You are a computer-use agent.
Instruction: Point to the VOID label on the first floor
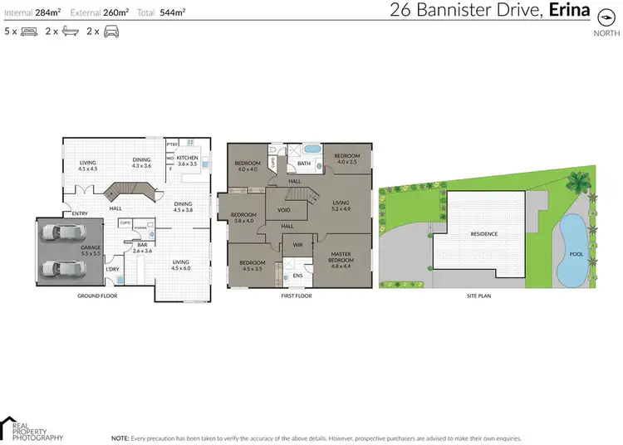[x=284, y=210]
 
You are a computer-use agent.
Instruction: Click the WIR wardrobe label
[x=297, y=245]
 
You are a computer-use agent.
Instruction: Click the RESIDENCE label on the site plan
[x=484, y=233]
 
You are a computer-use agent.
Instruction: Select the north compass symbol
[x=606, y=18]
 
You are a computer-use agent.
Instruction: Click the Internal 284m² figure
[x=33, y=12]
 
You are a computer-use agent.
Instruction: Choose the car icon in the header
[x=110, y=32]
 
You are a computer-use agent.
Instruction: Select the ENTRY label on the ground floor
[x=80, y=213]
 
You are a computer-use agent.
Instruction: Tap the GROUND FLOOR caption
[x=96, y=295]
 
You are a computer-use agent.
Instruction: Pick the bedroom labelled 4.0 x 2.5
[x=346, y=159]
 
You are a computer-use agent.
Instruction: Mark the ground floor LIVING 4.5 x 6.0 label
[x=180, y=265]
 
